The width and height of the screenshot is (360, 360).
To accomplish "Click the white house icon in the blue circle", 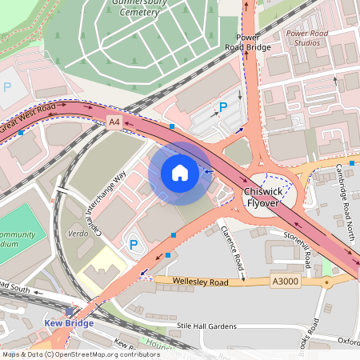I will (179, 173).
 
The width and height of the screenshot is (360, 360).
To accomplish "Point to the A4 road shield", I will (114, 122).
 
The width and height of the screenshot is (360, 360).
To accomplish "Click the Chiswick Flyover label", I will (262, 198).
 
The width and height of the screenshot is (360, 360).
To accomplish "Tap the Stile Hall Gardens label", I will (207, 326).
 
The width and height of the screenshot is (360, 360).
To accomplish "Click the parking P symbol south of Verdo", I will (134, 244).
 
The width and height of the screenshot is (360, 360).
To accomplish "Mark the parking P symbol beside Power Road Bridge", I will (223, 106).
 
